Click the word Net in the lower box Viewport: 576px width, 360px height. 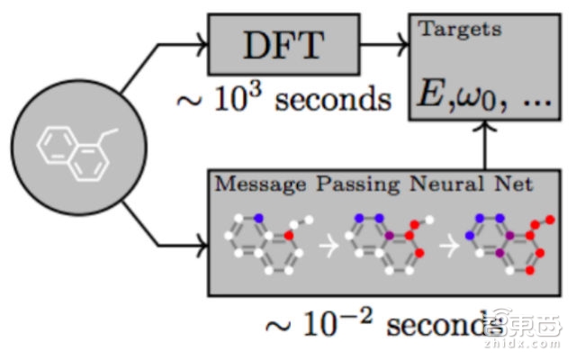coord(508,184)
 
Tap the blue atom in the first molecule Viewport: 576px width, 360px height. coord(259,217)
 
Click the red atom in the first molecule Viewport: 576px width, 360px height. coord(288,236)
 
